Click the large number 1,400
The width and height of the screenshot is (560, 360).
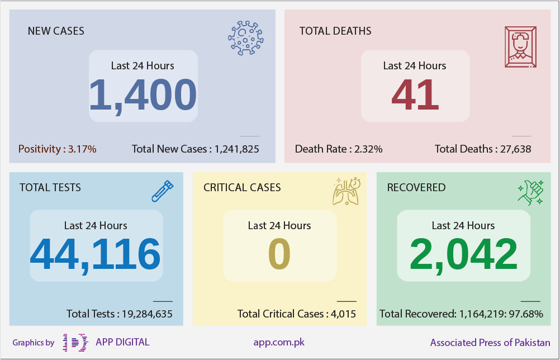(143, 95)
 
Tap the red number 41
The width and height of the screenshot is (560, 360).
(415, 95)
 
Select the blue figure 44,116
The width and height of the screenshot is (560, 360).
(95, 255)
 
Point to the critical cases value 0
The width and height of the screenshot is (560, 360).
(279, 254)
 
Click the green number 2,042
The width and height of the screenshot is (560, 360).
(463, 255)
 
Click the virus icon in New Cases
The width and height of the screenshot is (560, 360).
(246, 38)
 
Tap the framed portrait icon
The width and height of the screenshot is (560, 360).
(521, 47)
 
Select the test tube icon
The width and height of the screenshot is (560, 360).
(163, 191)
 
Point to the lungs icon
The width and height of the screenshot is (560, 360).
(347, 191)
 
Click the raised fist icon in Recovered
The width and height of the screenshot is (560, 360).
(531, 192)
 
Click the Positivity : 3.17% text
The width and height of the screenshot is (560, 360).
(58, 149)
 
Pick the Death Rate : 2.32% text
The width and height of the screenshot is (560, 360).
(339, 149)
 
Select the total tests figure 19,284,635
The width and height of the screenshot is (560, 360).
(147, 314)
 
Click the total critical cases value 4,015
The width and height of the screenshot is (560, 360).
(343, 314)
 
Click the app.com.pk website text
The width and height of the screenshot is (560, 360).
(279, 343)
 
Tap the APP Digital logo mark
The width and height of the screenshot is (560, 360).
(75, 343)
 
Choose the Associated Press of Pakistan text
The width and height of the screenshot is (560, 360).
(490, 343)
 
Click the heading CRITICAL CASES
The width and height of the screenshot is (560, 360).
(242, 187)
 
